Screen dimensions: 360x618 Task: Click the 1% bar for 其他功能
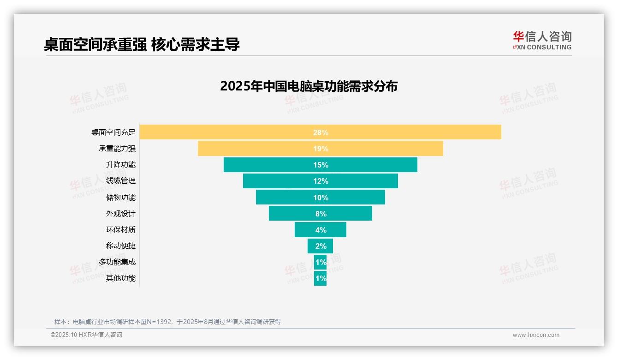click(x=320, y=278)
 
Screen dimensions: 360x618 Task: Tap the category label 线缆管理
click(x=120, y=181)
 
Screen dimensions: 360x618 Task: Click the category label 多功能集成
click(x=117, y=262)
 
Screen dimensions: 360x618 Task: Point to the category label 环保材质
click(x=120, y=230)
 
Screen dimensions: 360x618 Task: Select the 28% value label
click(x=321, y=132)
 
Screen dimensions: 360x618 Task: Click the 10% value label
click(x=321, y=198)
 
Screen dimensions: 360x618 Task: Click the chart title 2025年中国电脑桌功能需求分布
click(x=309, y=86)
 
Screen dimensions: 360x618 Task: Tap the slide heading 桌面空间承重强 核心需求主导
click(x=142, y=44)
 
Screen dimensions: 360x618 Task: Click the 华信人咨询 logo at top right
click(x=542, y=40)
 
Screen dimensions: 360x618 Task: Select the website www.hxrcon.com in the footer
click(x=536, y=335)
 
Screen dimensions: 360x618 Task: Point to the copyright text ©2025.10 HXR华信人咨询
click(x=86, y=335)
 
